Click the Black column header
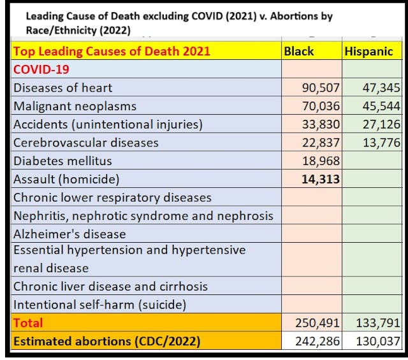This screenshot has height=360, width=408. pos(298,52)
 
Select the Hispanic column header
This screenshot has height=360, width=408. pos(368,52)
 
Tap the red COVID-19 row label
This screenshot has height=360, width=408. pos(41,69)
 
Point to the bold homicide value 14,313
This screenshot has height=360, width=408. pos(320,180)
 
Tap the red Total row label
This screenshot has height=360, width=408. pos(28,323)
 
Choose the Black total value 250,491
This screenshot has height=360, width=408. pos(316,323)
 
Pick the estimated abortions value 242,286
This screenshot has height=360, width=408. pos(316,341)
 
